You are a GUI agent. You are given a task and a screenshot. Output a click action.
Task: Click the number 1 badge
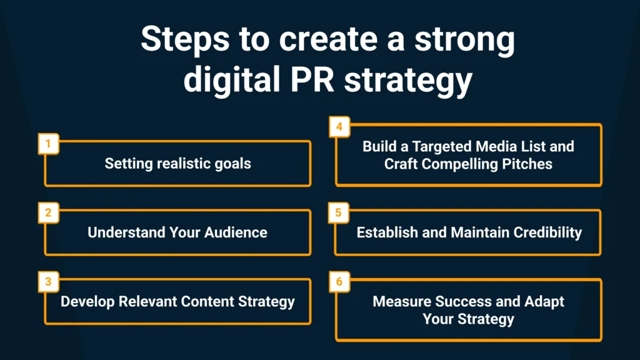click(x=49, y=144)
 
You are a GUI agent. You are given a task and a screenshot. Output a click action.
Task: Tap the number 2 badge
click(x=49, y=212)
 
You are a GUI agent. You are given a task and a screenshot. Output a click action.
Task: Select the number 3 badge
click(x=49, y=282)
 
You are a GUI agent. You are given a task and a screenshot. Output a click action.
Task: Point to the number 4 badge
click(x=339, y=126)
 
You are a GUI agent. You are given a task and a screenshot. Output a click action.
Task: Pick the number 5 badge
click(x=339, y=212)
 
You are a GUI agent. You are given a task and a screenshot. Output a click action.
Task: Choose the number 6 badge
click(x=339, y=282)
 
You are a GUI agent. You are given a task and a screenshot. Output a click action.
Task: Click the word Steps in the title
click(x=185, y=40)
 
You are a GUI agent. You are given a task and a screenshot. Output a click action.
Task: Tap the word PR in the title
click(x=312, y=79)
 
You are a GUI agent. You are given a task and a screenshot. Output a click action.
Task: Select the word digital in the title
click(x=232, y=81)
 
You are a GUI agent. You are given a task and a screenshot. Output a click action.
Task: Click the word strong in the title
click(x=464, y=41)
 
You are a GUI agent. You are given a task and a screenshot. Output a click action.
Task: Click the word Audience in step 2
click(x=236, y=232)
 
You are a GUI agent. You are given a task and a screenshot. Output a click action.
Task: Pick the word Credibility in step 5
click(x=547, y=232)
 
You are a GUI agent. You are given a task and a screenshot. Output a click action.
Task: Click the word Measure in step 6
click(x=402, y=301)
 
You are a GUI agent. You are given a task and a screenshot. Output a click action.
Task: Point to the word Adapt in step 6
click(x=544, y=302)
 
